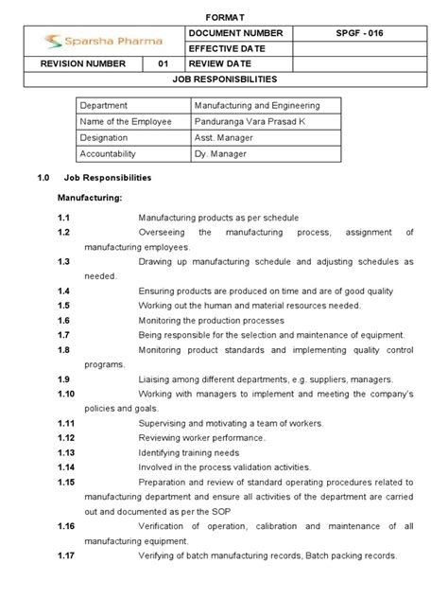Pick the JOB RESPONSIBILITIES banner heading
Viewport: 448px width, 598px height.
[x=224, y=79]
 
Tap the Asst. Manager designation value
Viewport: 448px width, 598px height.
[x=223, y=137]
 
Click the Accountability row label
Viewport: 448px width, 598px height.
[x=109, y=152]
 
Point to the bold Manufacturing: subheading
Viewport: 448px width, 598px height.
[x=91, y=199]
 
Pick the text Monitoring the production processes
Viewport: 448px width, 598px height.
[x=212, y=321]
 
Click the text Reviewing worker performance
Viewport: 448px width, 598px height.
[x=201, y=437]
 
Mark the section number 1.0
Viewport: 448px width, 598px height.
[x=42, y=177]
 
